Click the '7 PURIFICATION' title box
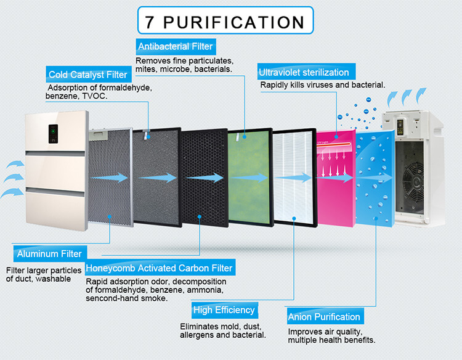coord(225,20)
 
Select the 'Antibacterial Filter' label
coord(176,46)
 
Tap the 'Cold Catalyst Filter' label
coord(88,75)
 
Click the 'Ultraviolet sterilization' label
coord(306,72)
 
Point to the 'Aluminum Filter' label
coord(50,253)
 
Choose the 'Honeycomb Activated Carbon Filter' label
coord(160,268)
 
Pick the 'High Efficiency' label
coord(224,310)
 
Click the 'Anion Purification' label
coord(325,316)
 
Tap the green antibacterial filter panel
coord(250,177)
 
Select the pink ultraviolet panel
coord(336,178)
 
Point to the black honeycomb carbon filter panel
coord(204,178)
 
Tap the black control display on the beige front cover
coord(53,134)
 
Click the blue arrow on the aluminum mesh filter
coord(109,178)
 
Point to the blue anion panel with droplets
coord(375,178)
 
